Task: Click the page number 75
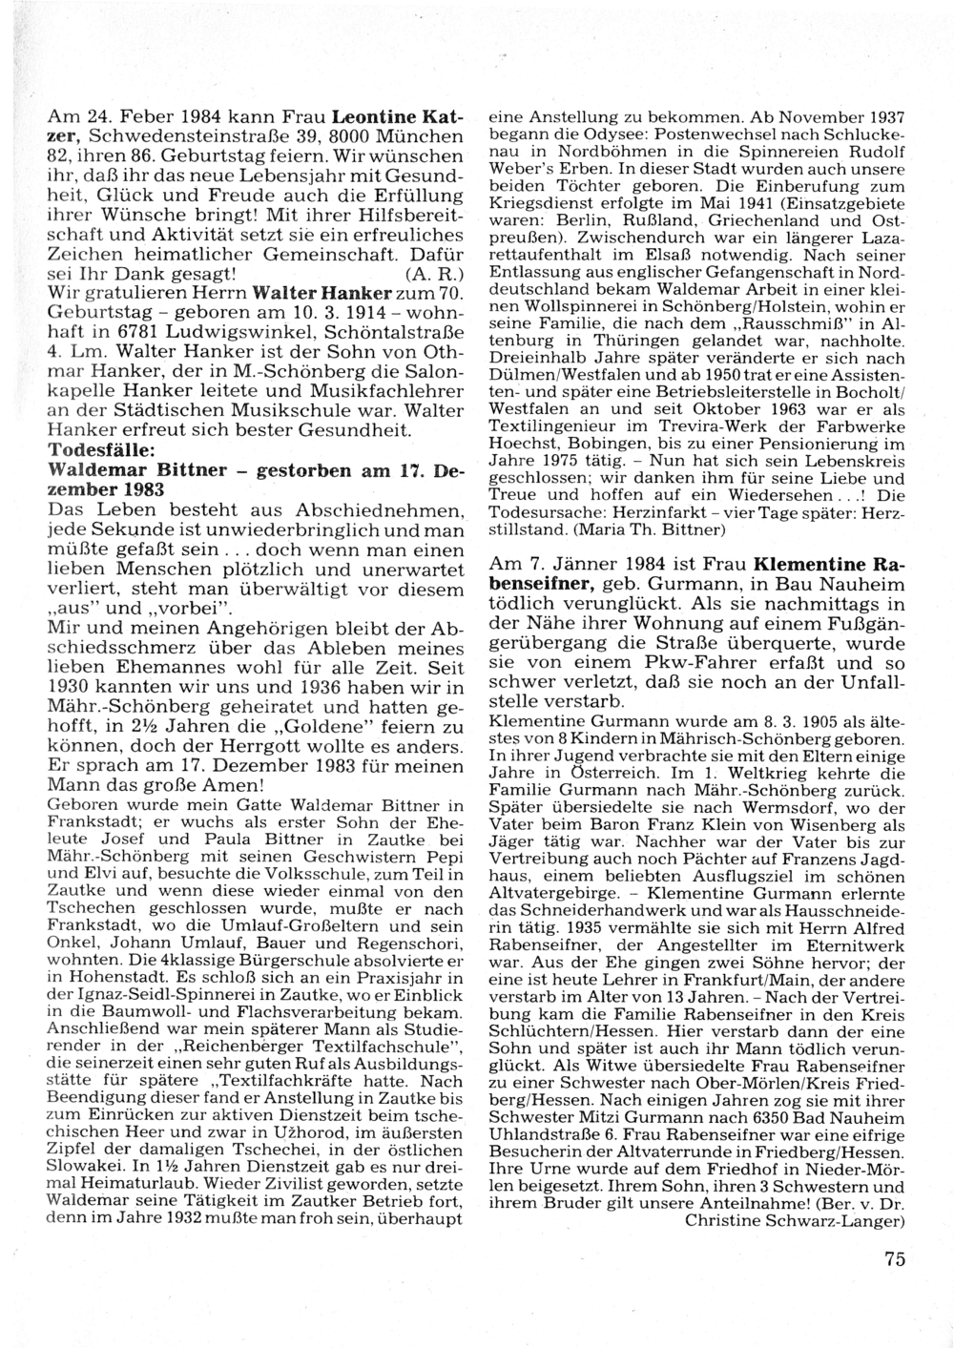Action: click(894, 1258)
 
